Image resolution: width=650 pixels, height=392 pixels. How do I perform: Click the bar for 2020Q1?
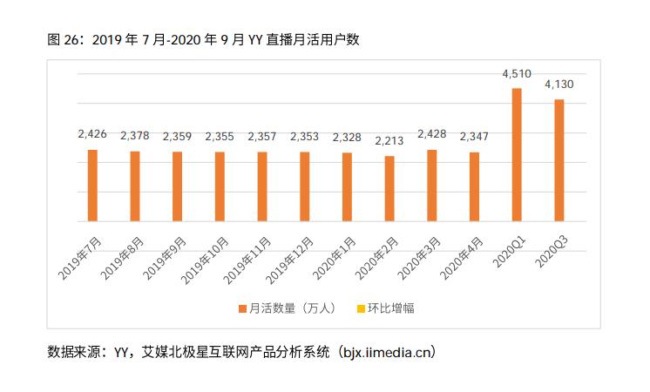[517, 154]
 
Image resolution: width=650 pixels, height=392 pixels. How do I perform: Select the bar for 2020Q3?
[559, 160]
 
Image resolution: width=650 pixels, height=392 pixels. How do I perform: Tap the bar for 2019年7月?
[92, 186]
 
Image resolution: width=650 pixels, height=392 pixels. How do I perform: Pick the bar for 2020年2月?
[389, 188]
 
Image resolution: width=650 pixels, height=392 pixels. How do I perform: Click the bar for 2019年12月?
[305, 186]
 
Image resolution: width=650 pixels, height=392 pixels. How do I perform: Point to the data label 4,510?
[517, 74]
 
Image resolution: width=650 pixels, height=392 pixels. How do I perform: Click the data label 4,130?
[559, 84]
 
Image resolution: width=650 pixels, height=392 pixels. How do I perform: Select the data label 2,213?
[389, 140]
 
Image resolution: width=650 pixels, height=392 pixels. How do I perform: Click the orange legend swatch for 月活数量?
[242, 308]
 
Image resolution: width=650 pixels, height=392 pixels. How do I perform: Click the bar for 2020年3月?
[432, 186]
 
